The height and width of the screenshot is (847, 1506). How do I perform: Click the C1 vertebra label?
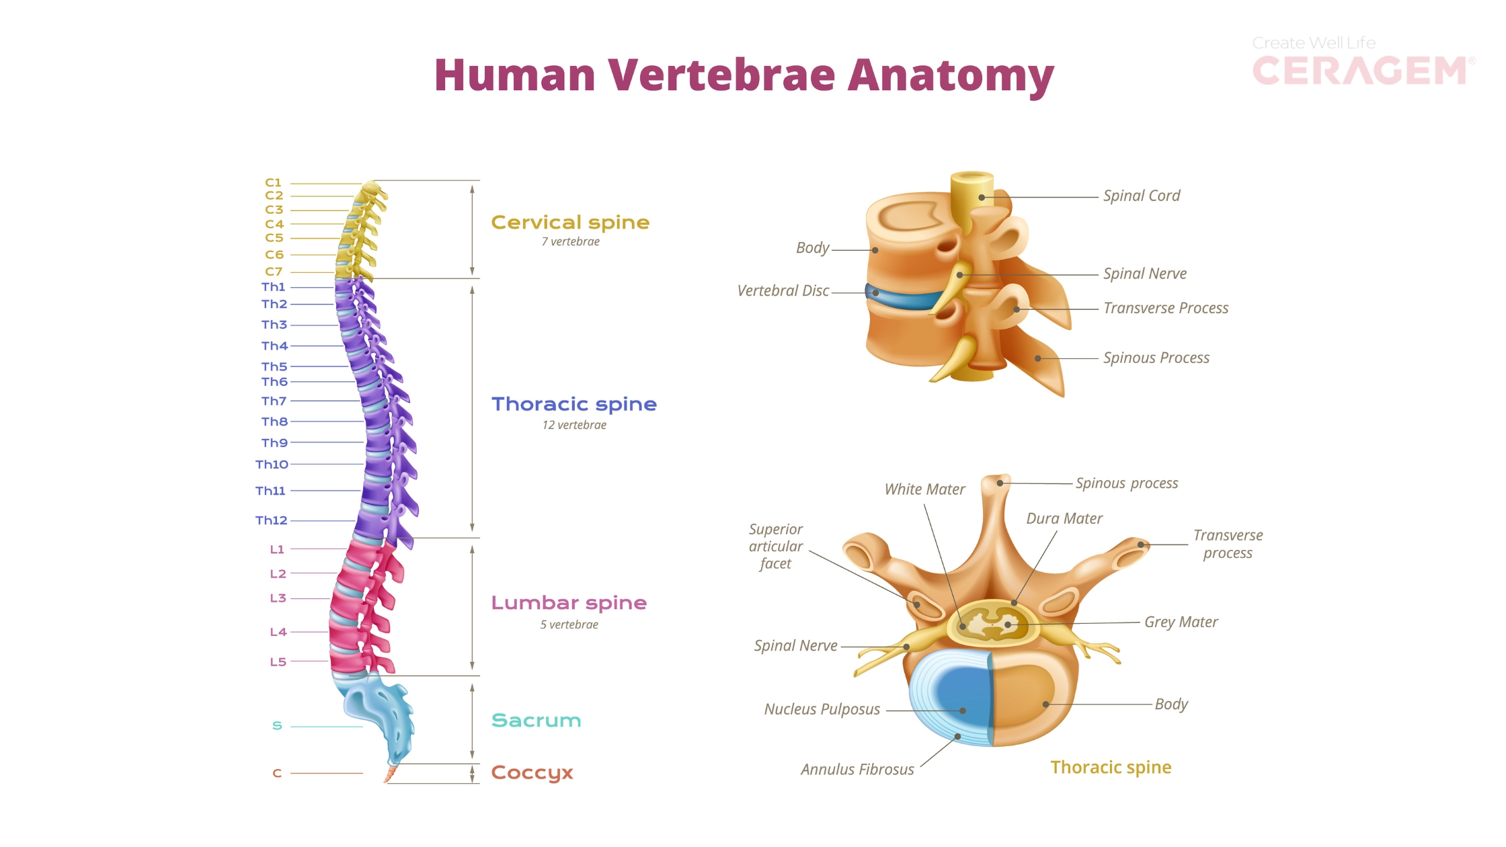coord(273,183)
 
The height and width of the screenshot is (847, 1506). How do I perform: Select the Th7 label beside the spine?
coord(274,401)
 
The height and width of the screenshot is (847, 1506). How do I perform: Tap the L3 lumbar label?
coord(278,598)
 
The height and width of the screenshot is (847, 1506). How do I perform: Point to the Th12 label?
coord(271,520)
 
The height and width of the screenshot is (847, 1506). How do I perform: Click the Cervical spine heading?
coord(570,223)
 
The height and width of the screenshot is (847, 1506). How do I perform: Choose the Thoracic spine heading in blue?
coord(573,404)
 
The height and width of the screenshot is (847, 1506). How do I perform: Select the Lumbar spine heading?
coord(569,603)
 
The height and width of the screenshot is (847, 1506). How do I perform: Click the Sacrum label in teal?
coord(536,721)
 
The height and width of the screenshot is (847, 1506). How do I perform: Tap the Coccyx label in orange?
coord(532,773)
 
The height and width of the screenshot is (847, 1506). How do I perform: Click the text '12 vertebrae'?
coord(574,425)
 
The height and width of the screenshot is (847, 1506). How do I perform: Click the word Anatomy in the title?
coord(951,75)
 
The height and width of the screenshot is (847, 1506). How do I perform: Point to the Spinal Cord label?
coord(1141,196)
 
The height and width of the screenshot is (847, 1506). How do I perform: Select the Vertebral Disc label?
coord(783,291)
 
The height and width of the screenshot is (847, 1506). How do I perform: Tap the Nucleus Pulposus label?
coord(822,709)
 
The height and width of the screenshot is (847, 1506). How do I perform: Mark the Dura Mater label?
coord(1064,518)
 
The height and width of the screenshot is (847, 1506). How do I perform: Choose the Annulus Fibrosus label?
coord(857,770)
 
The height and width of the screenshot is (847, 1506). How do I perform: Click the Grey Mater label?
coord(1181,622)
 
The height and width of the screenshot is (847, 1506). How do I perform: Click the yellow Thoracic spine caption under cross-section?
coord(1111,768)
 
